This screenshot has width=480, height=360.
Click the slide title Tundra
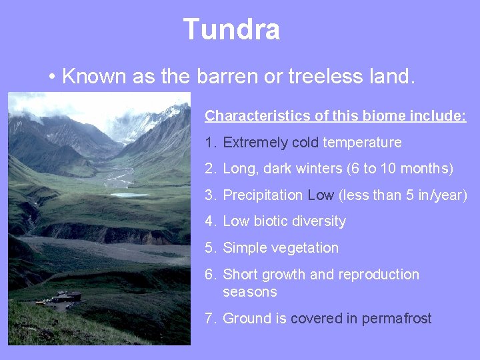pyautogui.click(x=231, y=30)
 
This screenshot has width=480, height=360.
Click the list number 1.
pyautogui.click(x=209, y=143)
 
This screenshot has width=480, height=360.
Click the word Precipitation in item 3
pyautogui.click(x=263, y=195)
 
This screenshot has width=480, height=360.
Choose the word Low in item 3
pyautogui.click(x=321, y=195)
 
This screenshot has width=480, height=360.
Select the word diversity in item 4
pyautogui.click(x=319, y=221)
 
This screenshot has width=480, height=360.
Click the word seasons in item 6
pyautogui.click(x=249, y=292)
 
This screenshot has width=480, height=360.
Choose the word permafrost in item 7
pyautogui.click(x=397, y=319)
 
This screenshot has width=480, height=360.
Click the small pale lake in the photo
pyautogui.click(x=130, y=195)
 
